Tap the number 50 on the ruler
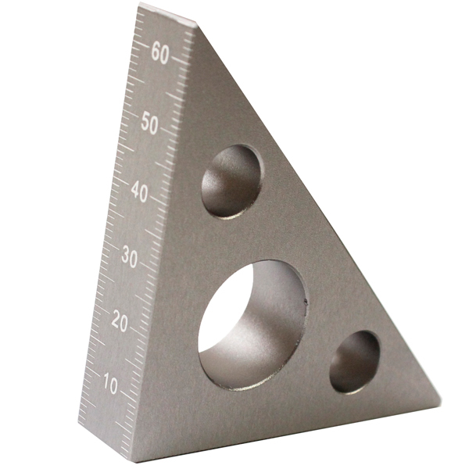[149, 123]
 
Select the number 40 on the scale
[139, 192]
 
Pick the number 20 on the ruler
[120, 321]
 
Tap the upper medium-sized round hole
[231, 181]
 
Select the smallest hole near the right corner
[354, 362]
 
